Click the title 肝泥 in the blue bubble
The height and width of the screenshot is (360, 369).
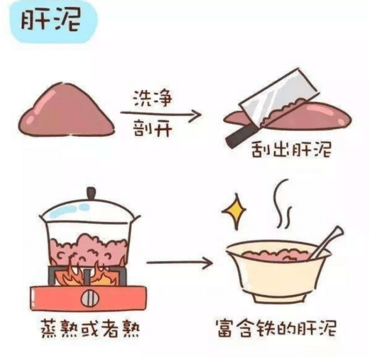pyautogui.click(x=51, y=21)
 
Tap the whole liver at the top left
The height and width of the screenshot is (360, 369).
pyautogui.click(x=66, y=111)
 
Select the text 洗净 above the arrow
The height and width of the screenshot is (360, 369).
pyautogui.click(x=152, y=99)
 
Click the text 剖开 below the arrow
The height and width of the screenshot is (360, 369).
pyautogui.click(x=152, y=129)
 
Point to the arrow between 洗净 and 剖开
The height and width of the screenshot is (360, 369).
pyautogui.click(x=160, y=114)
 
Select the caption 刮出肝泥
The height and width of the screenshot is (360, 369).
pyautogui.click(x=292, y=150)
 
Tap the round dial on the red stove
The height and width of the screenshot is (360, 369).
pyautogui.click(x=90, y=298)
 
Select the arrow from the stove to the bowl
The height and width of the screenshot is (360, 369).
pyautogui.click(x=179, y=262)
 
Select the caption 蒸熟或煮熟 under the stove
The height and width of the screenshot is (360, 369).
pyautogui.click(x=90, y=328)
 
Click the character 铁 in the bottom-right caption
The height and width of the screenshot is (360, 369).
pyautogui.click(x=266, y=328)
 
